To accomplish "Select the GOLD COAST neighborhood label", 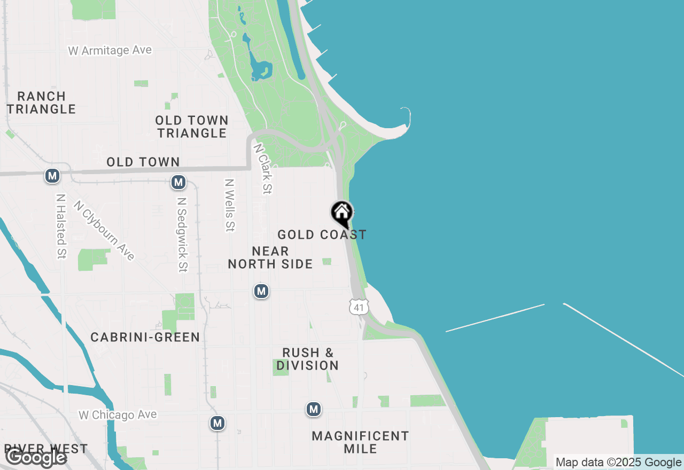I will point(322,234).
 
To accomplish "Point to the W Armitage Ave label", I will point(110,50).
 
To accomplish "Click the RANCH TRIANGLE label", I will point(41,103).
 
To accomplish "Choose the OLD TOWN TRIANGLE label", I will point(192,127).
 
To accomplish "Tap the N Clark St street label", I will point(263,168).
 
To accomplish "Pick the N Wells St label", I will point(230,205).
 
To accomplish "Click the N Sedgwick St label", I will point(182,235).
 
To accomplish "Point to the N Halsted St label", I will point(61,226).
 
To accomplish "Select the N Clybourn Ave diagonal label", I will point(104,230).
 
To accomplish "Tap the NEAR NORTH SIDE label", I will point(270,257).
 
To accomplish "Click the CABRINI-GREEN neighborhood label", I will point(145,337).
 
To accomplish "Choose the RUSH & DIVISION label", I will point(308,359).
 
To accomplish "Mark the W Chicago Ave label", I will point(118,414).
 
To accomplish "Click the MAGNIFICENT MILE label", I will point(360,442).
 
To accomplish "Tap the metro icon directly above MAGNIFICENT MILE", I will point(314,410).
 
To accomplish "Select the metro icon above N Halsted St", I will point(52,176).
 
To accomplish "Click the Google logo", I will point(36,457).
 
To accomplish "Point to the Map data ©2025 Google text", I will point(617,463).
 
